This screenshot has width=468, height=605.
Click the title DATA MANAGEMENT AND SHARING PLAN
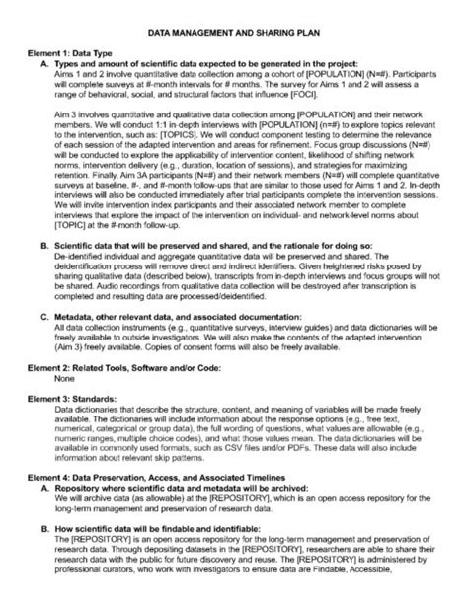pos(234,33)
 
